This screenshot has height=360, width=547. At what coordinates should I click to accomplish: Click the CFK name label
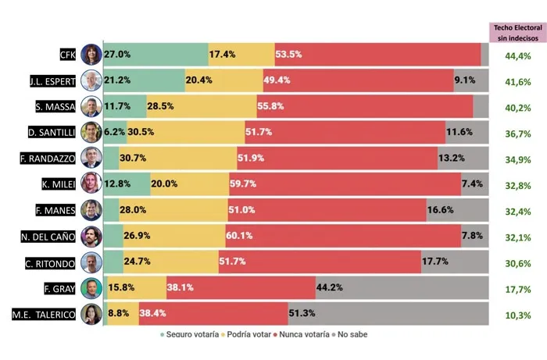67,55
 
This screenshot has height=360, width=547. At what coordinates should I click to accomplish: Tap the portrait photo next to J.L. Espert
91,80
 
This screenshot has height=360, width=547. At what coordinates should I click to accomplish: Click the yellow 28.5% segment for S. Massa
202,106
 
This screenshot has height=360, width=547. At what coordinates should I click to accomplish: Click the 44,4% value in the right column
517,56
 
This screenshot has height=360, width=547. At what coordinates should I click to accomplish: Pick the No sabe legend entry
347,334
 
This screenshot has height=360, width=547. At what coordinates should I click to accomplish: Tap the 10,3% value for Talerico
517,315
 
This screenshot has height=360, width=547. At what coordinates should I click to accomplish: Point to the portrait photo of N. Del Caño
91,236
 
